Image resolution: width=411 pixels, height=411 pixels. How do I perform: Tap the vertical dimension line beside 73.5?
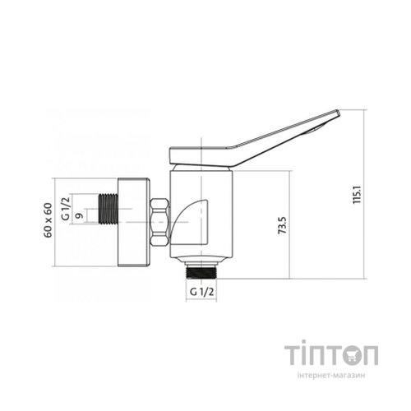click(290, 226)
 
